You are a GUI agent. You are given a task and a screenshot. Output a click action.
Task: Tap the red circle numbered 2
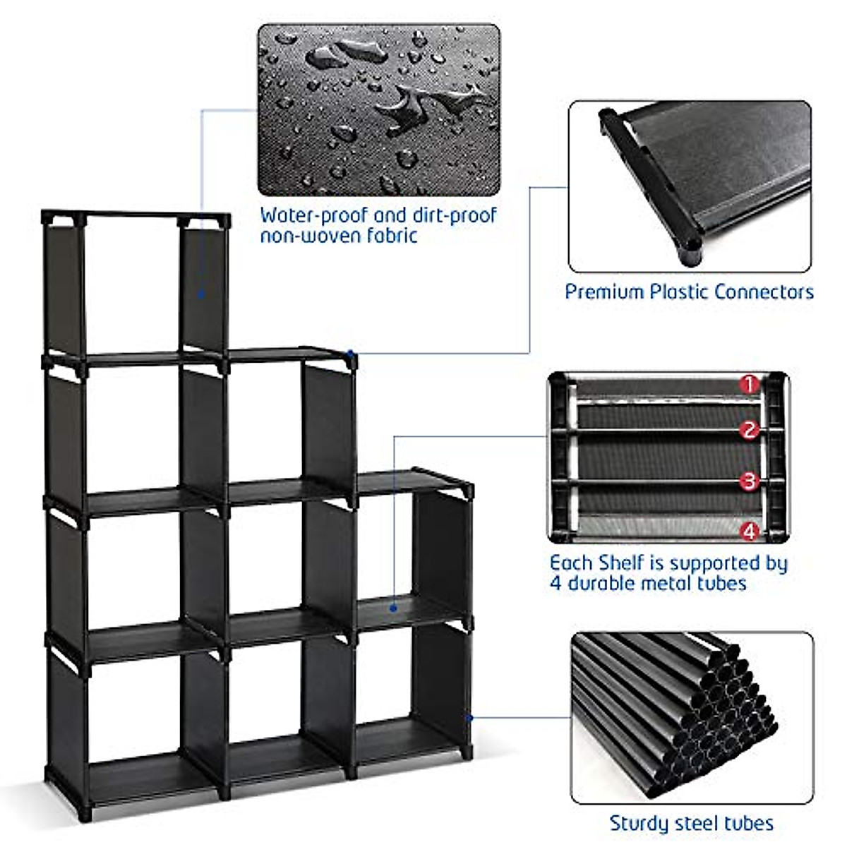(750, 430)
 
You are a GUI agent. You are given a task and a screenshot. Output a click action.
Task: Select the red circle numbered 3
(750, 481)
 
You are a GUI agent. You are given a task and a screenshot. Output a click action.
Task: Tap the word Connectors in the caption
(764, 292)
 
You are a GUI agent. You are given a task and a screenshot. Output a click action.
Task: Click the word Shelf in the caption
(621, 563)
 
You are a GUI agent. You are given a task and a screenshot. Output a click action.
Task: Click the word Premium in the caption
(604, 292)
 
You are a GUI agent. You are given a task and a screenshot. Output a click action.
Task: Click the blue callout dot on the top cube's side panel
(201, 294)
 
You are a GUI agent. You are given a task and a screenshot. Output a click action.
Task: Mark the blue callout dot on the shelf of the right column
(393, 608)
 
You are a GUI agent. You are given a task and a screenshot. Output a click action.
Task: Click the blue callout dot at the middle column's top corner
(350, 352)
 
